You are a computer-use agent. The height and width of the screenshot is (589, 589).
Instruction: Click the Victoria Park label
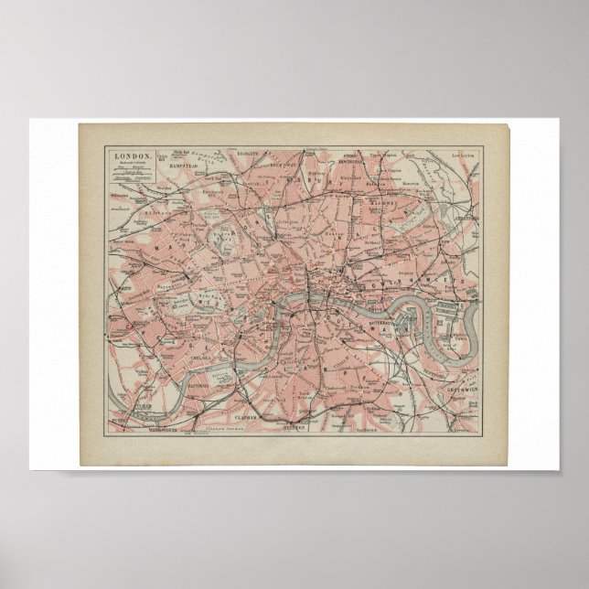click(x=419, y=216)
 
